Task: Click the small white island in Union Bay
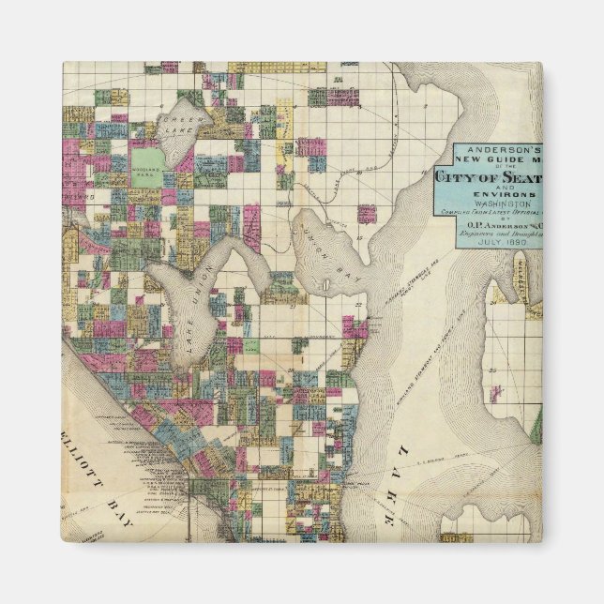tap(325, 283)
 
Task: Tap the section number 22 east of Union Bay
tap(358, 306)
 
